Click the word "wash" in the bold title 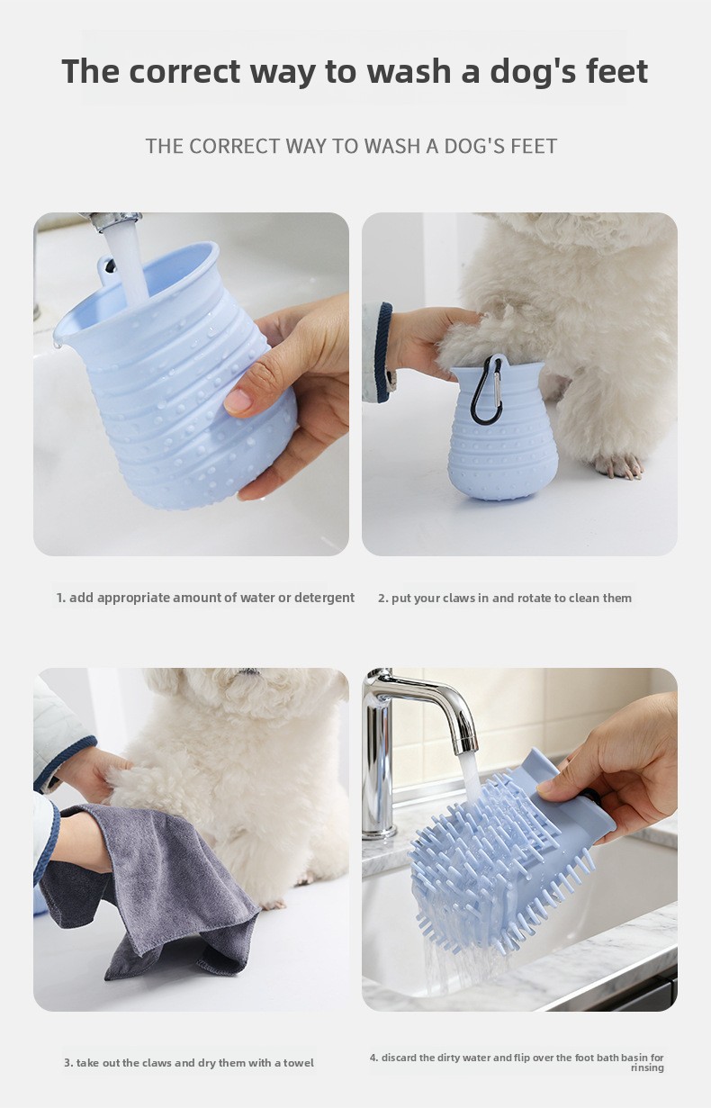(409, 71)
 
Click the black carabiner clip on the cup (486, 390)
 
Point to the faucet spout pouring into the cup (112, 221)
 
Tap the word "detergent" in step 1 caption (324, 598)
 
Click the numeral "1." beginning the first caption (61, 598)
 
